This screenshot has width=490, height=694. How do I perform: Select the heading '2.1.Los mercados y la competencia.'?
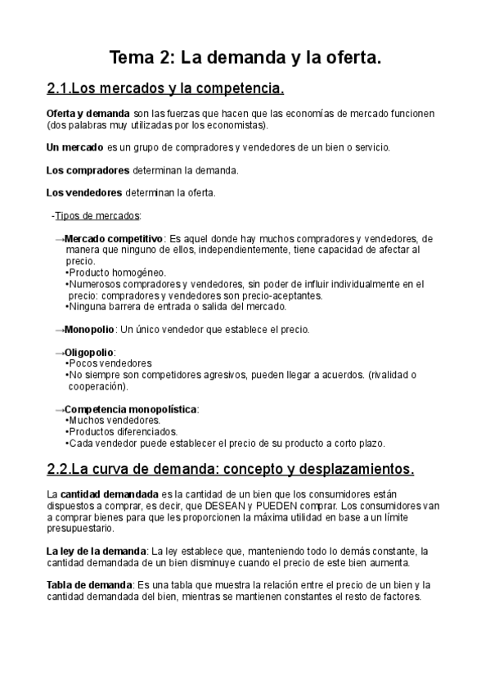click(166, 88)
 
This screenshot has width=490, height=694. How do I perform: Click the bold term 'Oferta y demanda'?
click(88, 112)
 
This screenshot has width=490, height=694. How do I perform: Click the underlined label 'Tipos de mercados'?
click(97, 216)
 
